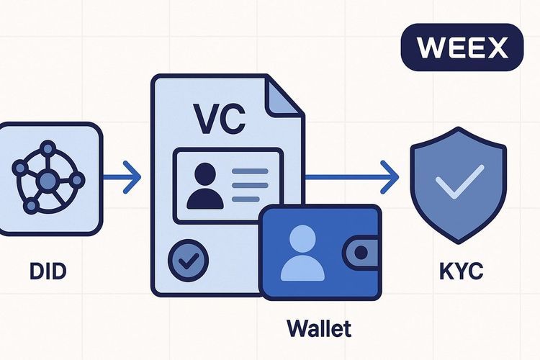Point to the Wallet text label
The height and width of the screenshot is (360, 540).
(x=318, y=328)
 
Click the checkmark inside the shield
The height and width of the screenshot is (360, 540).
(x=456, y=184)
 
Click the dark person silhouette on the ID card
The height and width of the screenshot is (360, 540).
(x=204, y=186)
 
